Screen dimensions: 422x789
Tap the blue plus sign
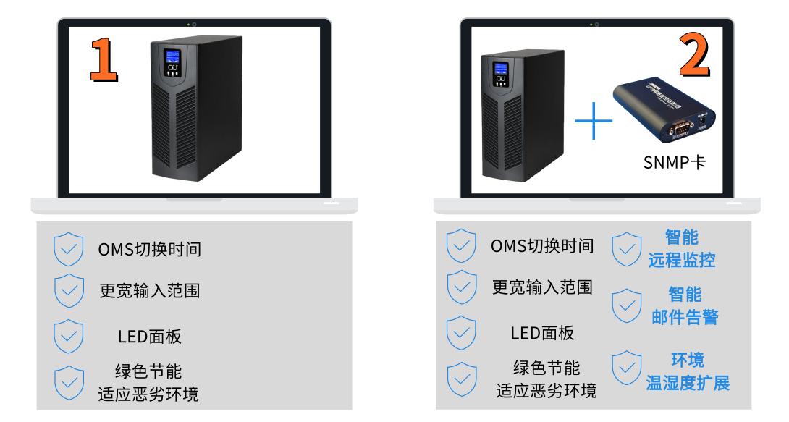click(x=593, y=120)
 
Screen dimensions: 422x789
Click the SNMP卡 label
click(x=674, y=162)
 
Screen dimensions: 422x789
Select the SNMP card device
click(x=663, y=110)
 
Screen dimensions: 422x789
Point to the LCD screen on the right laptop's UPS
click(x=499, y=69)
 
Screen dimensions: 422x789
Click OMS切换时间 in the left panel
click(x=149, y=250)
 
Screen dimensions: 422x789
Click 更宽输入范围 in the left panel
click(x=149, y=291)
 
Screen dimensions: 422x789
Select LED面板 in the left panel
click(x=149, y=337)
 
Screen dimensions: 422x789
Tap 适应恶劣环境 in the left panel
click(x=148, y=394)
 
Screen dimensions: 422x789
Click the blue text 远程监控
click(x=681, y=260)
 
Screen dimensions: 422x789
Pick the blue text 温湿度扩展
click(x=687, y=383)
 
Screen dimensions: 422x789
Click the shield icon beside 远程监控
click(x=626, y=249)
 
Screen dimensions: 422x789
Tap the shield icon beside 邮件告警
click(x=626, y=305)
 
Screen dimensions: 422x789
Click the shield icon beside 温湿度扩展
click(x=626, y=368)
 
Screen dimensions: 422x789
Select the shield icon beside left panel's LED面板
click(x=69, y=336)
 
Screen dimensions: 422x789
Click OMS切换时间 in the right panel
click(x=541, y=246)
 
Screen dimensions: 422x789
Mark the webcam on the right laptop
click(x=596, y=25)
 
